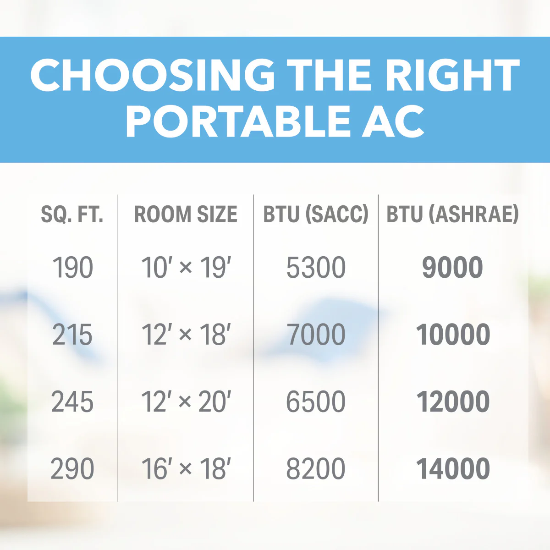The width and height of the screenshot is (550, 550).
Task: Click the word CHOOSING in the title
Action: (x=153, y=75)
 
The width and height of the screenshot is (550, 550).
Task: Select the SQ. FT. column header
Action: (x=72, y=214)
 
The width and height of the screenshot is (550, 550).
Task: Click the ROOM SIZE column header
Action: (x=186, y=214)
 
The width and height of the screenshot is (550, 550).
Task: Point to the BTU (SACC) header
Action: (x=316, y=214)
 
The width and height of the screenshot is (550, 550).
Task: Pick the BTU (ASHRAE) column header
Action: (x=452, y=214)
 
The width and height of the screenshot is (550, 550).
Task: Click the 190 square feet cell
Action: (x=72, y=267)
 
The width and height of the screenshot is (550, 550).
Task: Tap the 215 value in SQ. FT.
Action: (x=72, y=335)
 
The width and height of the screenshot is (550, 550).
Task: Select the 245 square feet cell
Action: (x=72, y=401)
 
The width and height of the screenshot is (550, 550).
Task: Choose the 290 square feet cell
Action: (x=72, y=469)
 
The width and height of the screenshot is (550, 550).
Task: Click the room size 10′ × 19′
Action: (x=186, y=267)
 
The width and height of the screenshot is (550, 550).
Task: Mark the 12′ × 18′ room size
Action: (x=186, y=335)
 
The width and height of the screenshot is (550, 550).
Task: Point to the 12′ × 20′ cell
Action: (x=186, y=401)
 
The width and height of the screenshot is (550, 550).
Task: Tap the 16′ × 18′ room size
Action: (x=186, y=469)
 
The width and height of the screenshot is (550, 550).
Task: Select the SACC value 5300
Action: (x=316, y=267)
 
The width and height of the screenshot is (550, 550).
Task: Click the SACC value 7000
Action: (x=316, y=335)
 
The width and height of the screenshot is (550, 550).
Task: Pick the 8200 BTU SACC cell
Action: (x=316, y=469)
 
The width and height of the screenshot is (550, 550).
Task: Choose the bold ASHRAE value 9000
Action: (x=452, y=267)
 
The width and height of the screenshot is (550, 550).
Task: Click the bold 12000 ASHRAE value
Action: (x=453, y=401)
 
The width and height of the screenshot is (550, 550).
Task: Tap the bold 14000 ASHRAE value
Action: (x=453, y=469)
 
